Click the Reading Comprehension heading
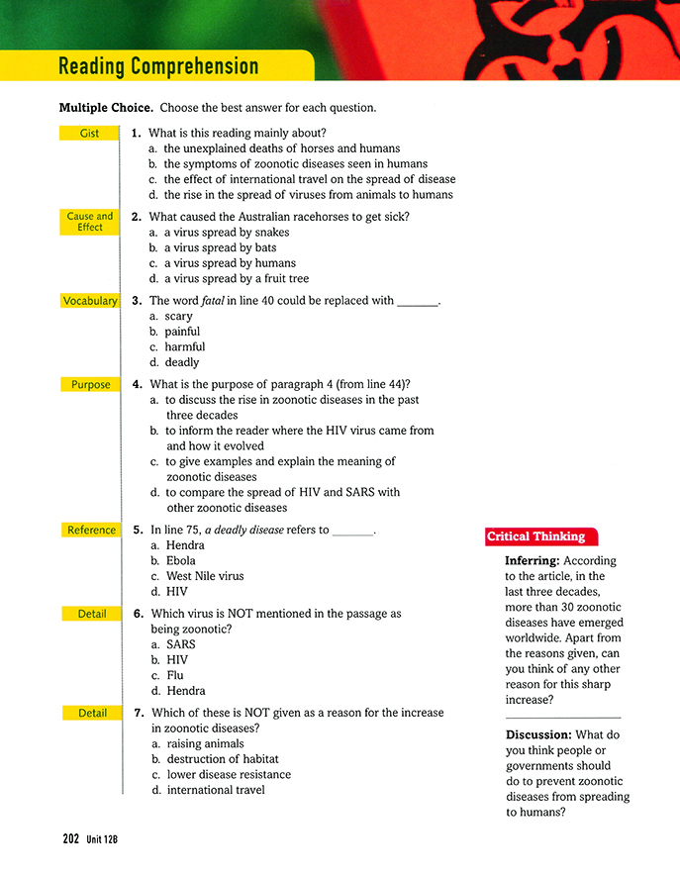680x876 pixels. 158,66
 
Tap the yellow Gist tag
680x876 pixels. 89,133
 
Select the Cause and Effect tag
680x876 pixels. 89,222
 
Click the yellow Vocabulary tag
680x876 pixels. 89,301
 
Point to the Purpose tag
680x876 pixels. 90,384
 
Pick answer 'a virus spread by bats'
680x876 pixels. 220,247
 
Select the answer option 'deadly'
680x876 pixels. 181,362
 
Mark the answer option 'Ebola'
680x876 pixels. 180,560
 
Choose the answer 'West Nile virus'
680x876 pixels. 204,576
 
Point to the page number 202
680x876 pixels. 70,838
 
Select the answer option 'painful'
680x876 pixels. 181,332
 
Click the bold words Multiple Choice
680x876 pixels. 105,107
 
